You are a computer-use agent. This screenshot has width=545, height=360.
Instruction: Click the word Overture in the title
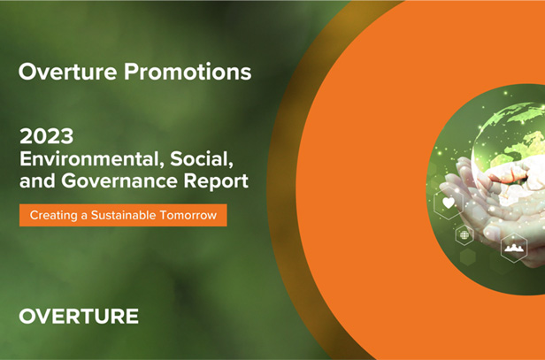pyautogui.click(x=67, y=72)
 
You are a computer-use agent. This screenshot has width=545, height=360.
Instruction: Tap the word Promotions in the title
pyautogui.click(x=188, y=72)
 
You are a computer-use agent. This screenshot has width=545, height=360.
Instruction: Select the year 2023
pyautogui.click(x=47, y=136)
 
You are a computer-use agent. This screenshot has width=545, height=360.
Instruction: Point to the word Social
pyautogui.click(x=202, y=159)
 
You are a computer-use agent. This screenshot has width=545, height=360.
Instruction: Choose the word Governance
pyautogui.click(x=120, y=180)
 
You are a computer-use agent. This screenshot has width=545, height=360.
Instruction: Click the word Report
pyautogui.click(x=216, y=181)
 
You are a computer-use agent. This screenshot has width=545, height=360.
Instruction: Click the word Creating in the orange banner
pyautogui.click(x=53, y=216)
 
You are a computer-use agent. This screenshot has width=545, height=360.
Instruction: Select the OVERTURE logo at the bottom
pyautogui.click(x=79, y=317)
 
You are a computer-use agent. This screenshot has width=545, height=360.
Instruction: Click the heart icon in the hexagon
pyautogui.click(x=449, y=203)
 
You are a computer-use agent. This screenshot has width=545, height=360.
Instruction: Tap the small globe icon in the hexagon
pyautogui.click(x=464, y=235)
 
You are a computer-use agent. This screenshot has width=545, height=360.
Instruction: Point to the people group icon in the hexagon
pyautogui.click(x=514, y=248)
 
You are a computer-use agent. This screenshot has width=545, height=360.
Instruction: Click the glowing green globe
pyautogui.click(x=509, y=139)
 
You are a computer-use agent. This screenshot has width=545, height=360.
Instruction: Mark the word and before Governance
pyautogui.click(x=37, y=180)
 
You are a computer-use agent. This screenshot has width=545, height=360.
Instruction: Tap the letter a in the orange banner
pyautogui.click(x=84, y=216)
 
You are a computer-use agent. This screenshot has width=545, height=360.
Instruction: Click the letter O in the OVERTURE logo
pyautogui.click(x=27, y=317)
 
